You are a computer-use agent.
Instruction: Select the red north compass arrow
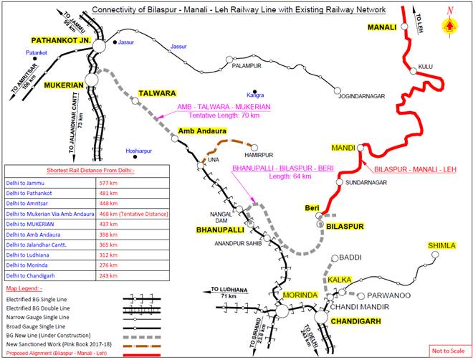(449, 24)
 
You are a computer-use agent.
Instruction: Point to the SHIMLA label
(441, 246)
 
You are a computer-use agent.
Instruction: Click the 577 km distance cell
(108, 183)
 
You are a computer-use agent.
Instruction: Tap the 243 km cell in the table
(108, 275)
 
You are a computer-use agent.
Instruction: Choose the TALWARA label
(156, 93)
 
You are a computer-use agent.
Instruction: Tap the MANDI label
(343, 148)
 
